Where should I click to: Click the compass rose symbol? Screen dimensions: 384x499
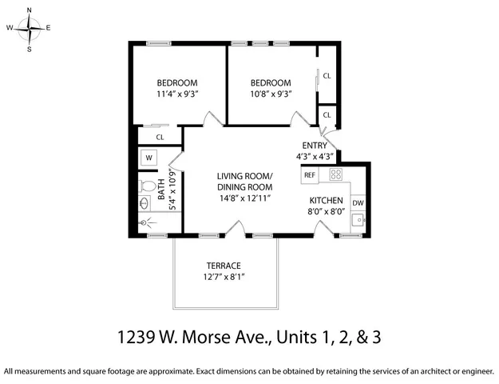pyautogui.click(x=30, y=30)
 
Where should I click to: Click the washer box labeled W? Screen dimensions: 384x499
pyautogui.click(x=149, y=158)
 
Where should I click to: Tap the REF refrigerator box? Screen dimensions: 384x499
pyautogui.click(x=310, y=174)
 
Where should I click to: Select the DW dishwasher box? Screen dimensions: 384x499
pyautogui.click(x=358, y=203)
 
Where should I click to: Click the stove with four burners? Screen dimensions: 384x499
pyautogui.click(x=336, y=174)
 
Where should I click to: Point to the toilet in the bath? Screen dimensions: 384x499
pyautogui.click(x=147, y=186)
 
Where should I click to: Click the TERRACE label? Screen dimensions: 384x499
pyautogui.click(x=224, y=266)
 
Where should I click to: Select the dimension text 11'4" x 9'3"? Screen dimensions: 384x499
pyautogui.click(x=177, y=94)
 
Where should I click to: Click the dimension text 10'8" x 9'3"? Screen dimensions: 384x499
pyautogui.click(x=271, y=94)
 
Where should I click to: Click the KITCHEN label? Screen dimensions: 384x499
pyautogui.click(x=326, y=201)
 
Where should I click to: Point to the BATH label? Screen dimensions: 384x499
pyautogui.click(x=161, y=189)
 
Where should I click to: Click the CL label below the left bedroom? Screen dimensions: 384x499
pyautogui.click(x=160, y=137)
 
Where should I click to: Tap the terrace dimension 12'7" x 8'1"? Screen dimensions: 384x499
pyautogui.click(x=224, y=277)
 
